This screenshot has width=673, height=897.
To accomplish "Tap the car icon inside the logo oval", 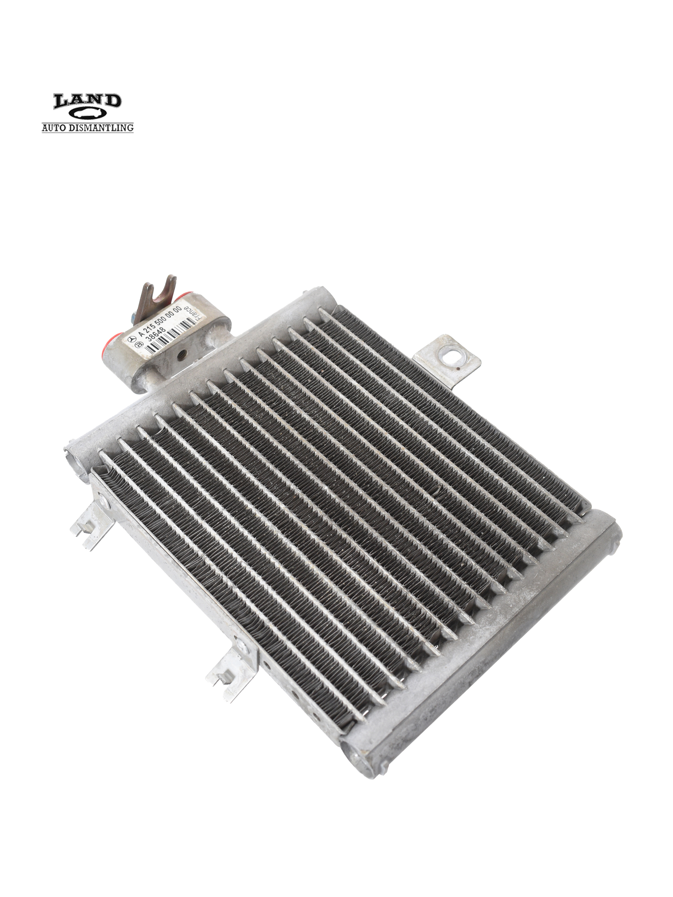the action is pos(87,115).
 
